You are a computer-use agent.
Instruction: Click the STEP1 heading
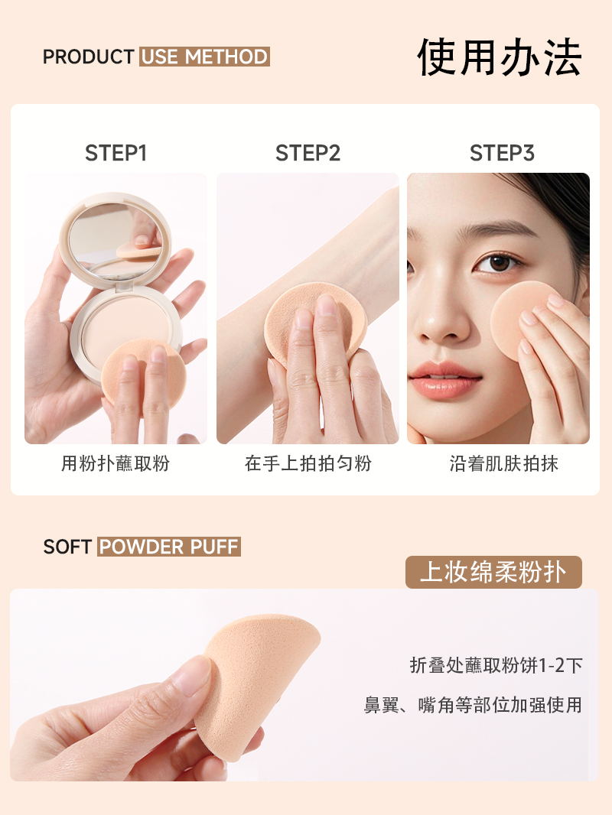click(116, 154)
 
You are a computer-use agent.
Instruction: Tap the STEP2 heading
click(308, 154)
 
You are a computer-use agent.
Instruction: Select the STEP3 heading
click(502, 154)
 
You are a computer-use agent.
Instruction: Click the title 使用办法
click(500, 57)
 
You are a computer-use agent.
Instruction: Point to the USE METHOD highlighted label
click(204, 57)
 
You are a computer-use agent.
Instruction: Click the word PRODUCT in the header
click(89, 57)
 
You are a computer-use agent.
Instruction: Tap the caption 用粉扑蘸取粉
click(116, 463)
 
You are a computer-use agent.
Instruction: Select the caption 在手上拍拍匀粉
click(308, 463)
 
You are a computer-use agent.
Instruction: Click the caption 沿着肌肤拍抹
click(504, 463)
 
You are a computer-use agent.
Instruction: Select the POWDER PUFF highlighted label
click(169, 547)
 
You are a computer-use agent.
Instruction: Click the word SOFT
click(67, 547)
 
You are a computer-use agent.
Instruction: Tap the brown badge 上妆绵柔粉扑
click(493, 573)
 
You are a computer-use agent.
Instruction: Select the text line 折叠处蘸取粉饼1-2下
click(496, 665)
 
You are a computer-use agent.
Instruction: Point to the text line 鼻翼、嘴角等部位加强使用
click(473, 705)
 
